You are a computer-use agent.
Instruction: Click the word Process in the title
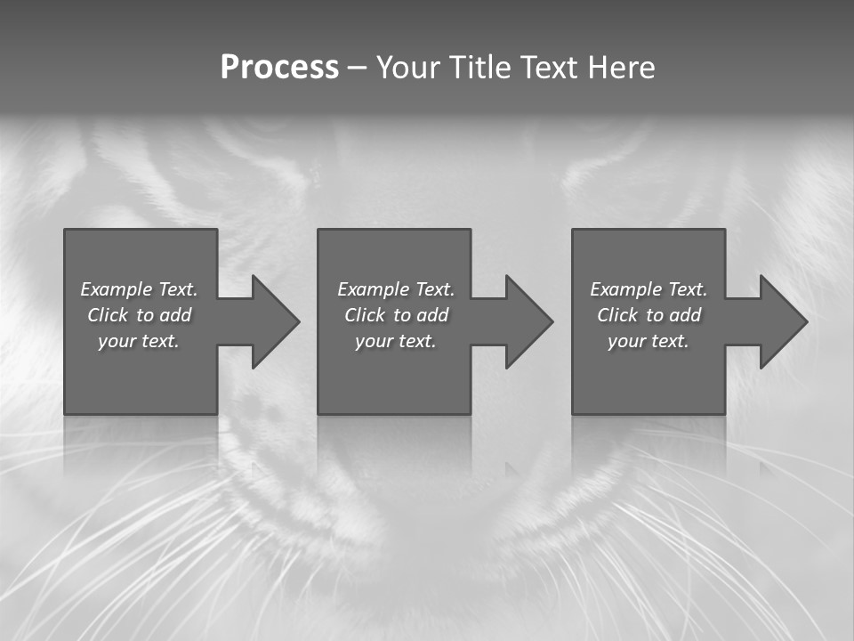(279, 68)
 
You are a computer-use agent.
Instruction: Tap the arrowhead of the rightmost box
(782, 321)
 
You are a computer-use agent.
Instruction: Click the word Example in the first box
(116, 289)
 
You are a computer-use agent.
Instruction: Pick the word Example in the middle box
(373, 289)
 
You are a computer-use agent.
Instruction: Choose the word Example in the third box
(625, 289)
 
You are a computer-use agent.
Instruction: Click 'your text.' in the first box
(139, 341)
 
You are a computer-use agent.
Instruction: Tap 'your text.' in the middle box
(396, 341)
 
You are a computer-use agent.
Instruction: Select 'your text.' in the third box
(649, 341)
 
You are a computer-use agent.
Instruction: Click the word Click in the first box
(108, 315)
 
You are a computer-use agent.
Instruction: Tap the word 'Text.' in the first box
(178, 289)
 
